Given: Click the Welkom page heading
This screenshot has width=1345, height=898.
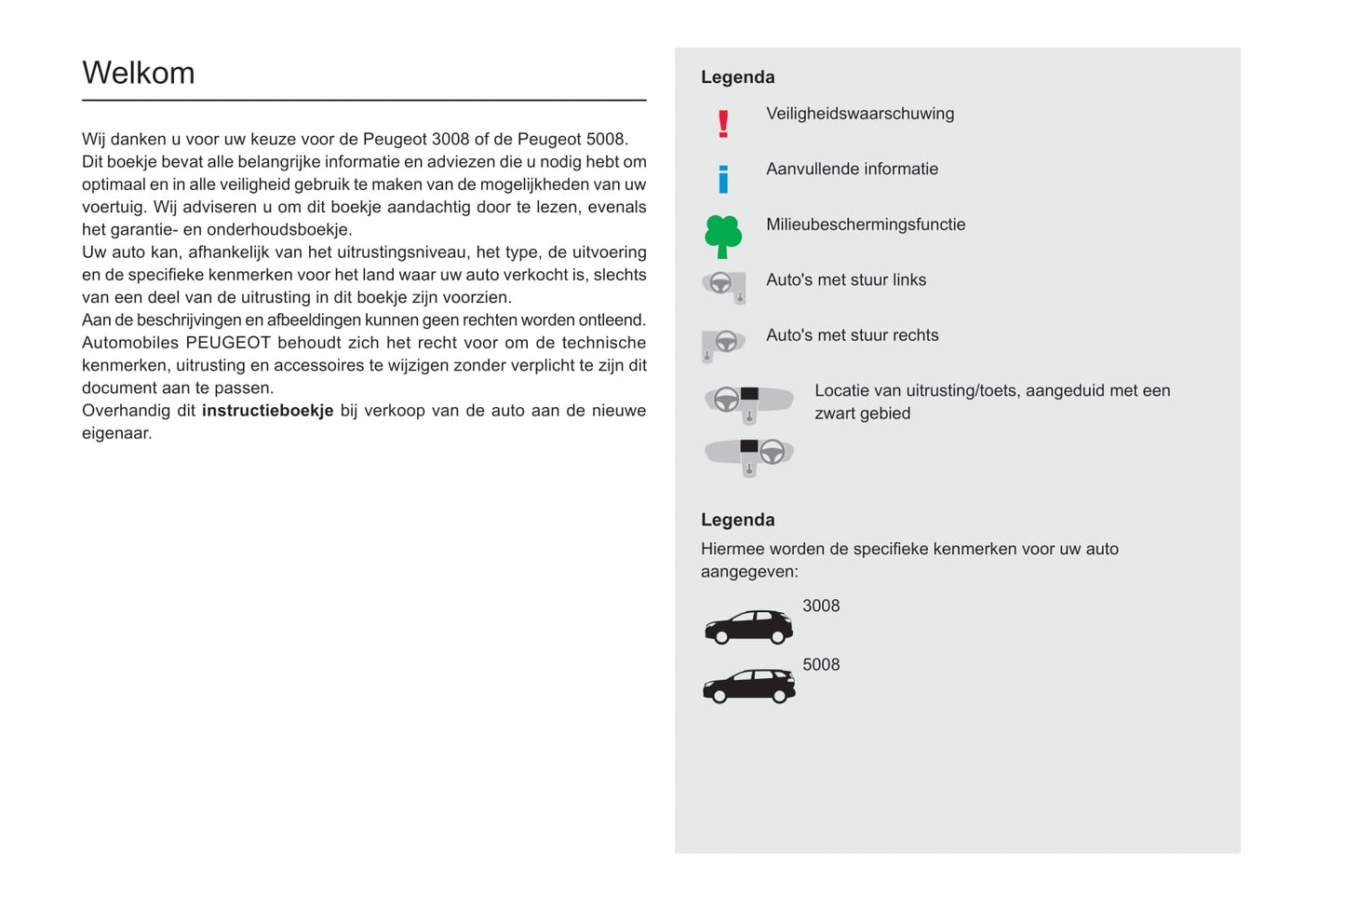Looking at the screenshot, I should point(139,73).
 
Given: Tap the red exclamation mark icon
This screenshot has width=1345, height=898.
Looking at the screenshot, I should point(723,124).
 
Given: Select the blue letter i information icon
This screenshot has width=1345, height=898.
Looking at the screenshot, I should point(723,179).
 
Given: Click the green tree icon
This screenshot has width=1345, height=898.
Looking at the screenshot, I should point(723,236).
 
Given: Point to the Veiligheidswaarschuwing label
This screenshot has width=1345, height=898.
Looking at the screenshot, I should point(860,114).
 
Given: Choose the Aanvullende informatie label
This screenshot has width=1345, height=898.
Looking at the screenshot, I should point(852,169).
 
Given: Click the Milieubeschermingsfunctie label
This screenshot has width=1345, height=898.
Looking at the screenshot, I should point(866,224).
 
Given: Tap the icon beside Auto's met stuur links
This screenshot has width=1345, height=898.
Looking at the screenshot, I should point(724,286).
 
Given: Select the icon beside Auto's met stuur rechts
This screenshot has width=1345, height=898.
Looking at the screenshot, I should point(723,344).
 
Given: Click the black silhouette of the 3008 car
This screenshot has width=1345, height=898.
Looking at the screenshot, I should point(748,627).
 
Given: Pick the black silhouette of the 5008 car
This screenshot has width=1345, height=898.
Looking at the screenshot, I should point(748,686).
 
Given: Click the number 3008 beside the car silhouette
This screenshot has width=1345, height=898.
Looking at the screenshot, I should point(821,606).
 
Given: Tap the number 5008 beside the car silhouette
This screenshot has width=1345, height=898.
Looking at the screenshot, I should point(821,665).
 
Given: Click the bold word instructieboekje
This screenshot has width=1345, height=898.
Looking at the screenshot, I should point(267,411).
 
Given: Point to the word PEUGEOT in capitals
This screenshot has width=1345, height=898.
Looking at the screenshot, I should point(228,343).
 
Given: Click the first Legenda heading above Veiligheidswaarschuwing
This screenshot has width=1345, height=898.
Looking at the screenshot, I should point(737,77).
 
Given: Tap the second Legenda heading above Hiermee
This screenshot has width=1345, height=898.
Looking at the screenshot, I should point(737,520).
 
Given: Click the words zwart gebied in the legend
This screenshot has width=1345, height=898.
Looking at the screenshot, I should point(862,414).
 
